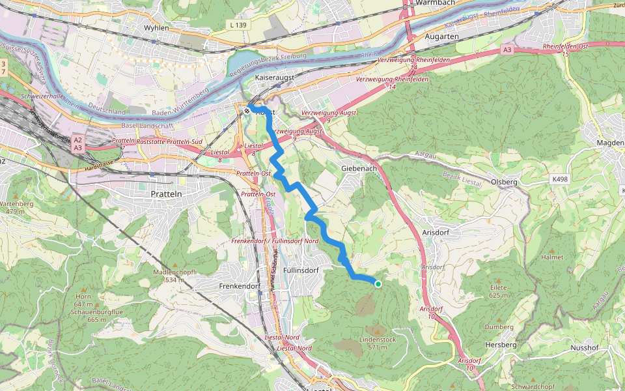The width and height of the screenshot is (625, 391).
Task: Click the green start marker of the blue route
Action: [x=378, y=283]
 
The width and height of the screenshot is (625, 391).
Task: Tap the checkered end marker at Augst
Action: [x=248, y=111]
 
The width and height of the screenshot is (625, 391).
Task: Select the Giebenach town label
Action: [x=359, y=168]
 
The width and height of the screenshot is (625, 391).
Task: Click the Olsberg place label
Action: [x=504, y=182]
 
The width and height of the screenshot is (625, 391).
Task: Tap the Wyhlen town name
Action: [x=156, y=29]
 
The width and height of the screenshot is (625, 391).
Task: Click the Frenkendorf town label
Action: [x=240, y=286]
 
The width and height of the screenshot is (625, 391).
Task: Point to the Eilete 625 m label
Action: [x=498, y=291]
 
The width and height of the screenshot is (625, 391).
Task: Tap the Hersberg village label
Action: [x=501, y=344]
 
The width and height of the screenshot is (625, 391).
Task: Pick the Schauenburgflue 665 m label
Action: [x=87, y=315]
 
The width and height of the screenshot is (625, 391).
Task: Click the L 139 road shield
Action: [x=239, y=25]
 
